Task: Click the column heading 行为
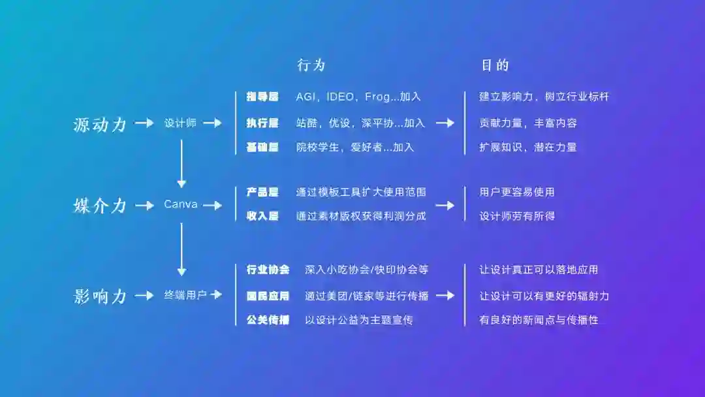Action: [311, 65]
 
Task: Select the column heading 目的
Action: [495, 65]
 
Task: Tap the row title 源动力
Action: [100, 124]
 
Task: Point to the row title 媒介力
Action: [100, 206]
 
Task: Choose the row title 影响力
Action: [100, 296]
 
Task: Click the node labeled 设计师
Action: [180, 123]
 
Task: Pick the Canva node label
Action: [181, 205]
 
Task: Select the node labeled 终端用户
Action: [185, 295]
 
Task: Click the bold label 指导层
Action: [262, 97]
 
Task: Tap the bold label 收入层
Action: [262, 216]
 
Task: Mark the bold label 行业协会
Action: [268, 270]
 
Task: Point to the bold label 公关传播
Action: [268, 320]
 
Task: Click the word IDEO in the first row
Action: [341, 97]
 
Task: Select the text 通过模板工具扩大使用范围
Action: [361, 192]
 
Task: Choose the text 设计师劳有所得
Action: [517, 216]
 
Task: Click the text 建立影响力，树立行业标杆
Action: [544, 97]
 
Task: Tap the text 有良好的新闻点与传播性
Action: [539, 320]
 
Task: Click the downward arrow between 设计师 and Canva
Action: [181, 164]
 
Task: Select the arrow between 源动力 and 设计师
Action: [144, 123]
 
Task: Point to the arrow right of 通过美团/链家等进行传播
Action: [445, 295]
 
